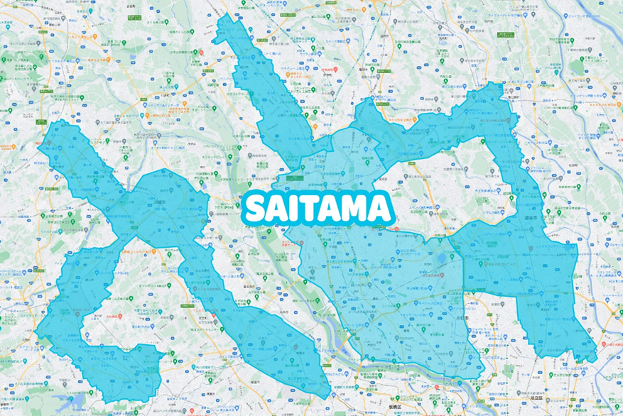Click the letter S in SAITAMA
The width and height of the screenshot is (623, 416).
coord(256,208)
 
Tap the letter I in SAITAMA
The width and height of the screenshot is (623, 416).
coord(299,208)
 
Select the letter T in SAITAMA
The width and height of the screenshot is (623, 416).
coord(317,208)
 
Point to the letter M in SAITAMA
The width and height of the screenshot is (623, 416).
coord(359,208)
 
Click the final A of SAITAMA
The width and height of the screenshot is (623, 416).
coord(381,208)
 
